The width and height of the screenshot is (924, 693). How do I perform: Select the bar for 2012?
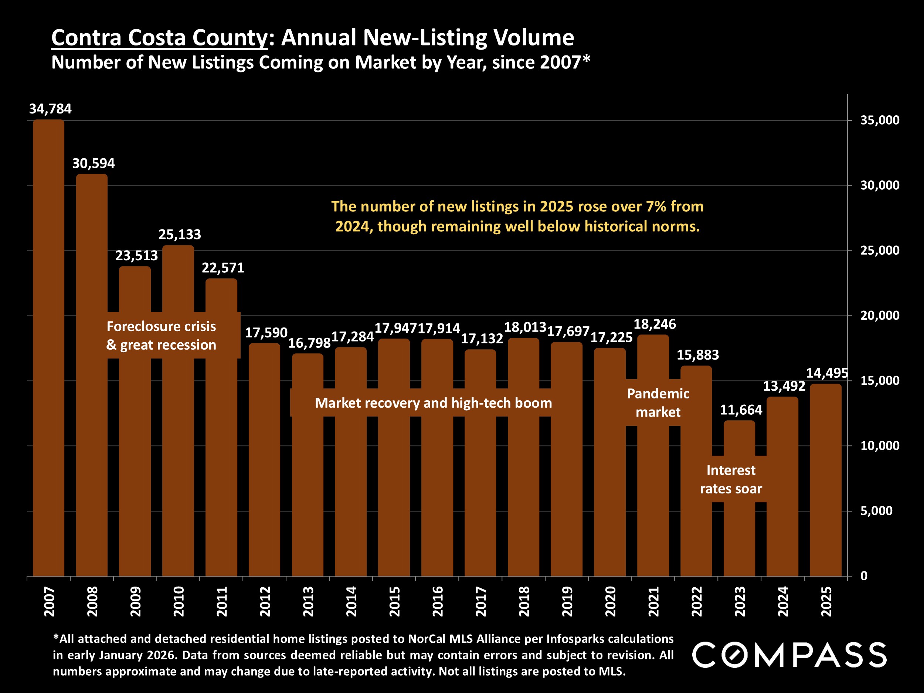[264, 459]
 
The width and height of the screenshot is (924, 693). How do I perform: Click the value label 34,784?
[50, 109]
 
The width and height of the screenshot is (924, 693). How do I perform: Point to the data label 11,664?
[741, 410]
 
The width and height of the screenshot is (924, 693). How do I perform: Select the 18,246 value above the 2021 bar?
[655, 324]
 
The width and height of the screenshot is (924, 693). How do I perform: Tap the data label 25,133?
[180, 234]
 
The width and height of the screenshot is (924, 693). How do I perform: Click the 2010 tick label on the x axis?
[179, 601]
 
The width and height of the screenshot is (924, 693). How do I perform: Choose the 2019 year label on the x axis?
[567, 601]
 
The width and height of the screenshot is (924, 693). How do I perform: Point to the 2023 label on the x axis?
[740, 601]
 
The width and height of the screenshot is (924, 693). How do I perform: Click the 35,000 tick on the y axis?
[880, 120]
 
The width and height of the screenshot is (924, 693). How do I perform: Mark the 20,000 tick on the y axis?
[880, 315]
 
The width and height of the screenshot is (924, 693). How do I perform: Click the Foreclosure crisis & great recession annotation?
[161, 336]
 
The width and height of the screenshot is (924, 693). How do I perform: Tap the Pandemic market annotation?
[658, 403]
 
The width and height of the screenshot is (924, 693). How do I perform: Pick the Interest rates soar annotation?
[731, 479]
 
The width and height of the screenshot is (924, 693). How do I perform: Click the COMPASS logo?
[789, 655]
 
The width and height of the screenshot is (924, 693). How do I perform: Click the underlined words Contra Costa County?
[159, 38]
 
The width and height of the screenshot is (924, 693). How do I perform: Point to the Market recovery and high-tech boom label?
[433, 403]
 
